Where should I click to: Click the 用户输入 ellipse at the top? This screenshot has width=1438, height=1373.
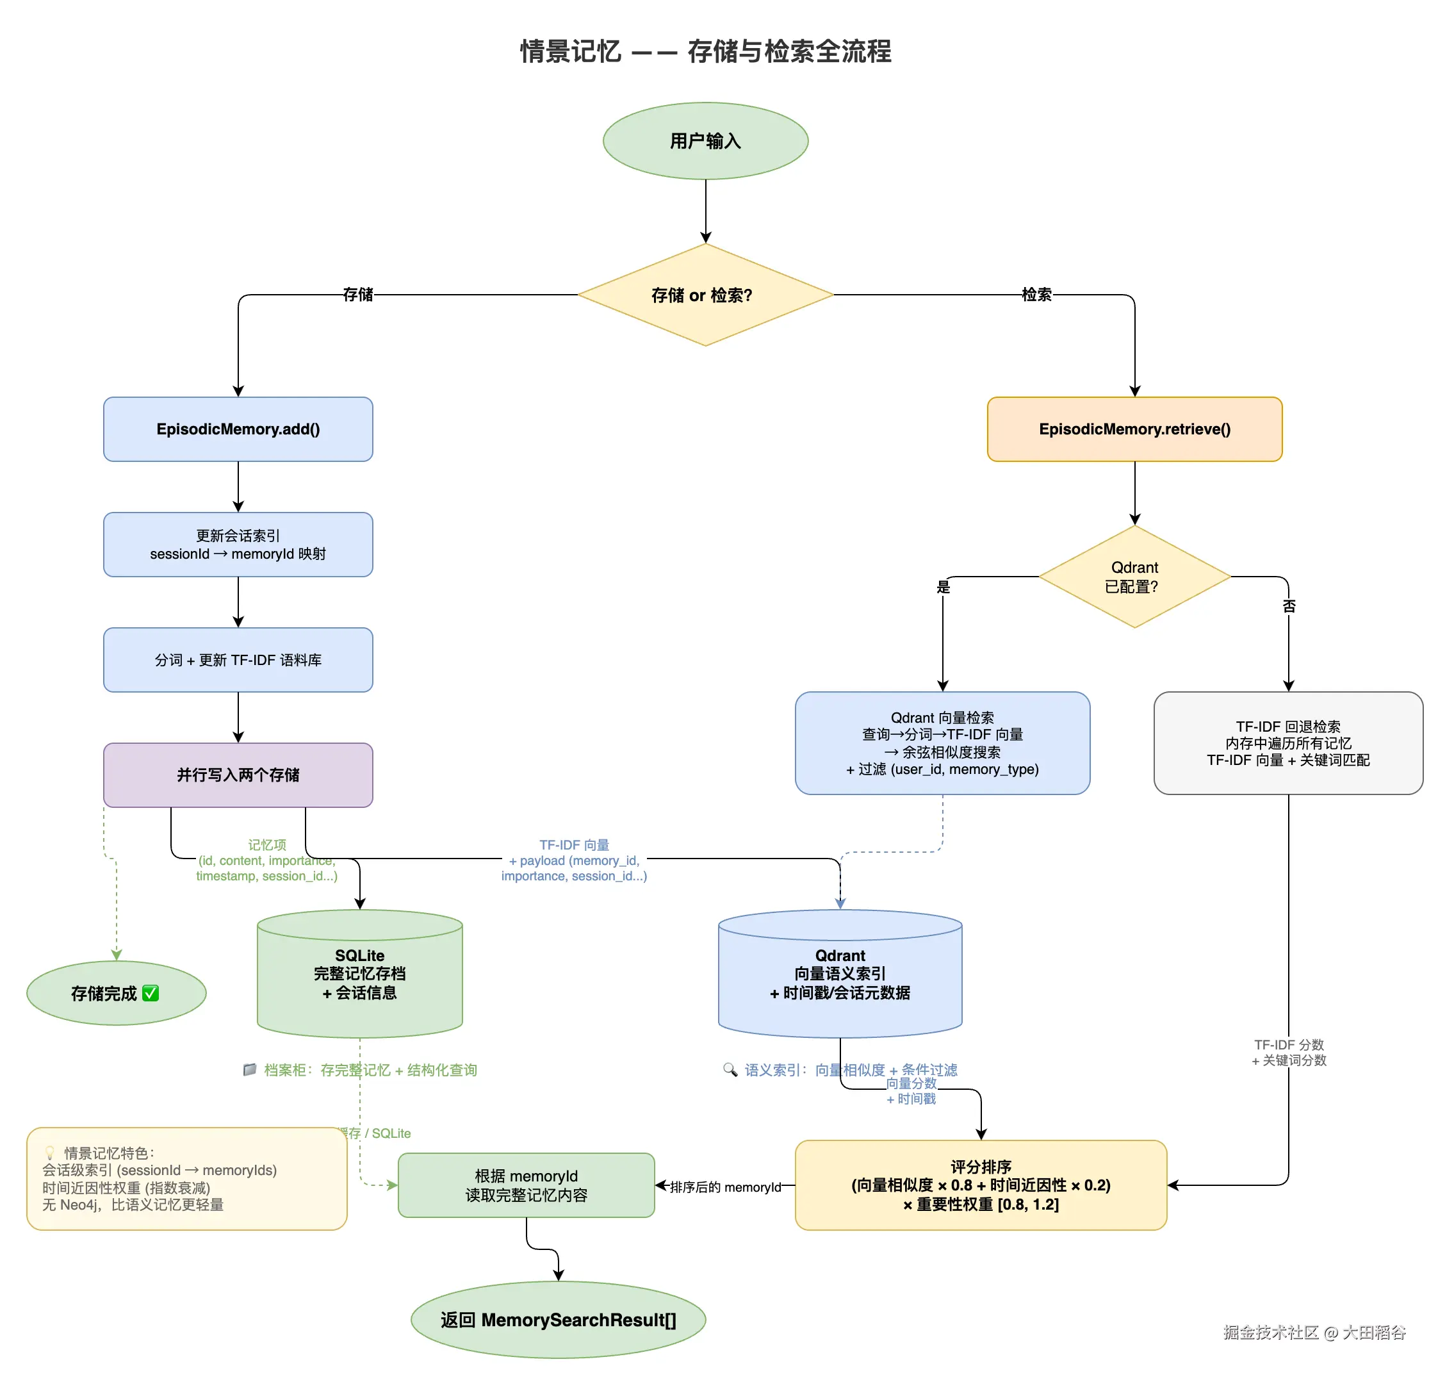click(x=705, y=140)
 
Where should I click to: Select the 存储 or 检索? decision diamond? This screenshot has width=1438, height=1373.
click(x=705, y=294)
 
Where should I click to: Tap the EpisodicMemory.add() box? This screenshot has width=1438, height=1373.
click(x=238, y=429)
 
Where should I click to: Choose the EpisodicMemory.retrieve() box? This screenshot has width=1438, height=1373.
click(x=1134, y=429)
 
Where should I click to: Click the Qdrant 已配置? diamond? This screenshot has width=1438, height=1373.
click(x=1134, y=577)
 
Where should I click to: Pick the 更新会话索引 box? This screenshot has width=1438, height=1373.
click(x=238, y=545)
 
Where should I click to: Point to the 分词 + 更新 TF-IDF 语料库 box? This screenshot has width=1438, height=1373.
click(x=238, y=659)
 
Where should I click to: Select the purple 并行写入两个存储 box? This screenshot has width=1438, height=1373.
click(x=238, y=775)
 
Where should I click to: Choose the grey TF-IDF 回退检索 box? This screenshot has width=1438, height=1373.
click(x=1287, y=742)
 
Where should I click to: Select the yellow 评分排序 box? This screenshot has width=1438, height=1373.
click(x=980, y=1184)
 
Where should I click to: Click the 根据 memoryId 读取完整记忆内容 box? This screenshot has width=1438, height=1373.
click(x=525, y=1184)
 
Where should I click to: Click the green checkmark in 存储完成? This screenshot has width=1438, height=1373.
click(x=151, y=992)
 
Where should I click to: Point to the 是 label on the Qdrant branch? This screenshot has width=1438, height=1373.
click(x=943, y=586)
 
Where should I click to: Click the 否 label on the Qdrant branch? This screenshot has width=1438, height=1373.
click(x=1288, y=605)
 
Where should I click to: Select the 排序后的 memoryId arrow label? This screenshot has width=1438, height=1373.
click(x=724, y=1187)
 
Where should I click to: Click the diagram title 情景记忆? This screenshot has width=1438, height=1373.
click(x=570, y=51)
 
